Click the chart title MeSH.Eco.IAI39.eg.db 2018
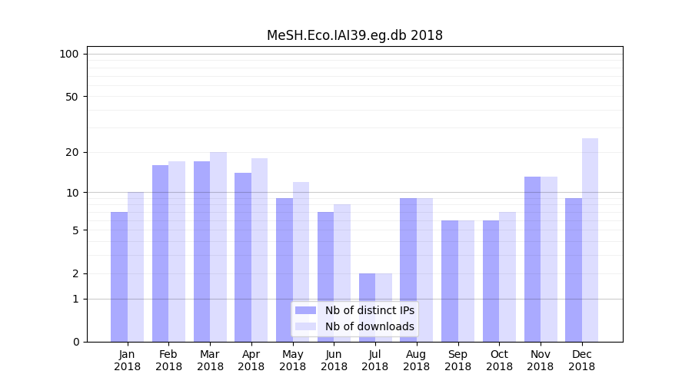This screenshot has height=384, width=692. pos(354,35)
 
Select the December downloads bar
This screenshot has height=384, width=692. pos(590,240)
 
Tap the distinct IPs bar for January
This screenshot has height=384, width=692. pos(119,276)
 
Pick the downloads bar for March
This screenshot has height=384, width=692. pos(218,247)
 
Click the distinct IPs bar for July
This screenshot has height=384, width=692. pos(367,307)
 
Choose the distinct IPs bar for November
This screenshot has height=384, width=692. pos(532,259)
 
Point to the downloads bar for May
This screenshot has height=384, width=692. pos(301,262)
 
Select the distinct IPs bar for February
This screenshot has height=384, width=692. pos(160,253)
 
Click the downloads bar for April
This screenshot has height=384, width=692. pos(259,250)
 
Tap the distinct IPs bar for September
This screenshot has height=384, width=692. pos(450,281)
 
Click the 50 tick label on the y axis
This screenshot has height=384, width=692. pos(72,97)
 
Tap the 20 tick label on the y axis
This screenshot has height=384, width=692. pos(72,152)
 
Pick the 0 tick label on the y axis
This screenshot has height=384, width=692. pos(75,342)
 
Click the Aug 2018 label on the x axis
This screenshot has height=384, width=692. pos(416,360)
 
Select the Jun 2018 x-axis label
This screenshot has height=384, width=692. pos(334,360)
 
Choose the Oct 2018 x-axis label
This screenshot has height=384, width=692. pos(499,360)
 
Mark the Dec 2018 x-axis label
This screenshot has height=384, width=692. pos(581,360)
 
